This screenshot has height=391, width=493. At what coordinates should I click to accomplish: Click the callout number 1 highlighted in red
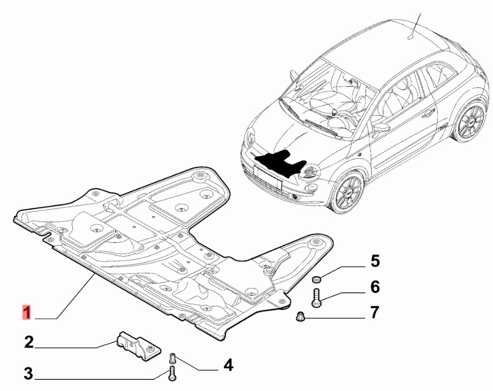(27, 312)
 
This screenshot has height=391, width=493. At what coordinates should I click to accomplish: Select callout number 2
(28, 342)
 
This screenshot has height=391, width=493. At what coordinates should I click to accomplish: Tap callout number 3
(28, 374)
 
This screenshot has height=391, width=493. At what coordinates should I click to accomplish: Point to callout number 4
(228, 365)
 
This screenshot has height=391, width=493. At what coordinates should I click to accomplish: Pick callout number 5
(375, 261)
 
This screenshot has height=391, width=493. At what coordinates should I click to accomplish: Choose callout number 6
(375, 287)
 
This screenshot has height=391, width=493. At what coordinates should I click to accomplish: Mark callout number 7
(374, 312)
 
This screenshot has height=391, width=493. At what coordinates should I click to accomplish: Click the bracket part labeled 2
(139, 346)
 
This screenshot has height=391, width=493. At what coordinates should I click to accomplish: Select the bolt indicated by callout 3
(172, 374)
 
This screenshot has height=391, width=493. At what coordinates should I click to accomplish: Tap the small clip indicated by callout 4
(172, 358)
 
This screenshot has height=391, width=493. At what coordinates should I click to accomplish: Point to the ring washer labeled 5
(316, 278)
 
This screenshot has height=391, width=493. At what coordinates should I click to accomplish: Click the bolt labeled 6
(316, 297)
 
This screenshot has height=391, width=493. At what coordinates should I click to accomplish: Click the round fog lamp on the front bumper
(294, 197)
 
